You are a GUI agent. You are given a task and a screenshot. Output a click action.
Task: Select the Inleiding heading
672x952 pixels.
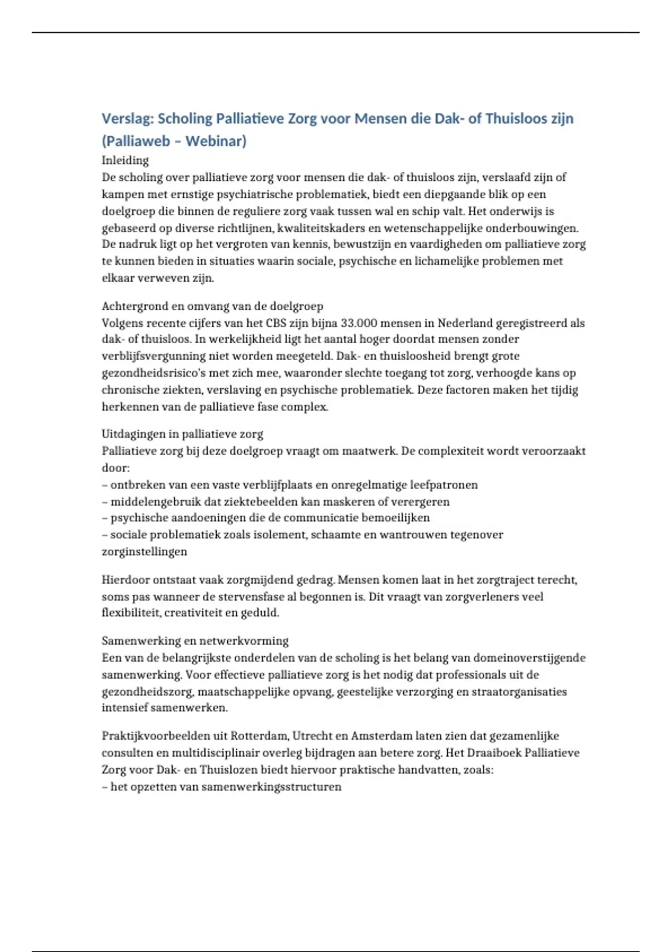click(x=125, y=161)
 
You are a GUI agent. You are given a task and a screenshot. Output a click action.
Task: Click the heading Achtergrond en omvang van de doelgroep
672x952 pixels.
click(x=212, y=306)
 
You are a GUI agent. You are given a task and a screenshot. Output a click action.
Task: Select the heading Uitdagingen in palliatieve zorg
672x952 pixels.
click(x=182, y=434)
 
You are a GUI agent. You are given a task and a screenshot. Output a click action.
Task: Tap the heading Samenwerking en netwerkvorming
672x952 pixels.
click(x=195, y=641)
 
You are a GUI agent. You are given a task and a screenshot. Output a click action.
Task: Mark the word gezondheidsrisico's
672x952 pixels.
click(x=157, y=373)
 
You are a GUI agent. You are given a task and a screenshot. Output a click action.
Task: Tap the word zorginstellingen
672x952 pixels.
click(x=144, y=552)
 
